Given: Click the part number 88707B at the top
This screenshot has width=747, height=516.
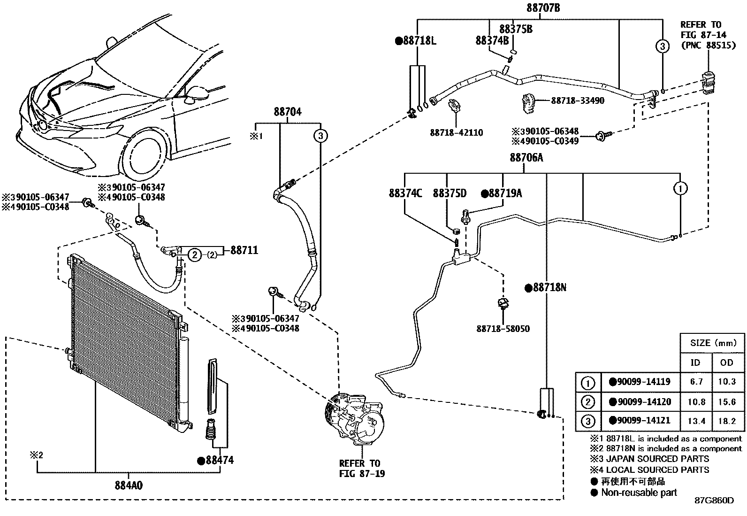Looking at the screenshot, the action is pos(543,8).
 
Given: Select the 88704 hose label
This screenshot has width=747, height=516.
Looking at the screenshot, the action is pos(288,112).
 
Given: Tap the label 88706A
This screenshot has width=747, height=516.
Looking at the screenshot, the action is pos(526,157).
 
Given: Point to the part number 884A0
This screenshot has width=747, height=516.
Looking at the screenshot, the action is pos(129,485).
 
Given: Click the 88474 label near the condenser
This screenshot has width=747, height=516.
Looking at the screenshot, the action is pos(220,460).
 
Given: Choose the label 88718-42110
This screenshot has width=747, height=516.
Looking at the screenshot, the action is pos(456,132).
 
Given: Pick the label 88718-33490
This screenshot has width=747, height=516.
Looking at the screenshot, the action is pos(578,100).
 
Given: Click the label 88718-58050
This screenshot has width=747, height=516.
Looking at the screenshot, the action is pos(503,329).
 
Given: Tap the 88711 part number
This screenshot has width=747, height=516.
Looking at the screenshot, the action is pos(244,250).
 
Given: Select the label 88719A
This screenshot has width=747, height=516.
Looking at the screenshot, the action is pos(505,193).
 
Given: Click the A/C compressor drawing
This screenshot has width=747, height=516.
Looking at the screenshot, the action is pos(354,419).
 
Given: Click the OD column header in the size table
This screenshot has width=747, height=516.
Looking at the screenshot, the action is pos(727,362).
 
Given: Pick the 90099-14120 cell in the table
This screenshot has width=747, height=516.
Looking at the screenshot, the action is pos(644,401).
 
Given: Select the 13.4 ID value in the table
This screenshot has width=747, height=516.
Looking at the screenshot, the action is pos(696,421).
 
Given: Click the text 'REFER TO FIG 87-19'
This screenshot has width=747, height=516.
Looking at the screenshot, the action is pos(362,468).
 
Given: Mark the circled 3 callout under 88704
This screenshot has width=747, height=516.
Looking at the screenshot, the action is pos(321,136).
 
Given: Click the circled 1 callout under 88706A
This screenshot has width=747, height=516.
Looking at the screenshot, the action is pos(680,189).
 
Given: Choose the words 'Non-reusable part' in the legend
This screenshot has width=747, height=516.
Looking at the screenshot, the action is pos(639,493).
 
